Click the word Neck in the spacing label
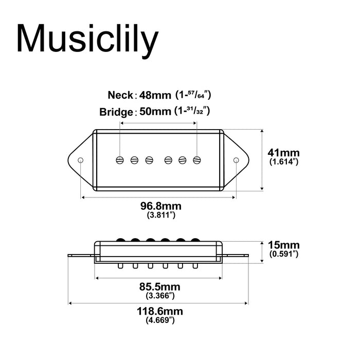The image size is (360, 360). pos(120,95)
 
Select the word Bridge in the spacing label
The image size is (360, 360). pos(116,112)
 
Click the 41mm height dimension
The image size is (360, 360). pos(284,153)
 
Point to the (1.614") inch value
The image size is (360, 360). pos(284,162)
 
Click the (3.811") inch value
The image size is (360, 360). pos(160,215)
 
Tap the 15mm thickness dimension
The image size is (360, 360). pos(284,245)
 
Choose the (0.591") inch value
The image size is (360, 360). pos(284,255)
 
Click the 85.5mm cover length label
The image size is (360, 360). pos(159,286)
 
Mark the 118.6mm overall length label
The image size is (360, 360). pos(159,311)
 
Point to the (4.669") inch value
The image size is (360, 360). pos(159,320)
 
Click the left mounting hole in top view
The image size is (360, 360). pos(81,160)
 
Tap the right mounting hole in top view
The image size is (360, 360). pos(236,160)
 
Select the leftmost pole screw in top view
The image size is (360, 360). pos(120,160)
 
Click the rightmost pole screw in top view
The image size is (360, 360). pos(196,160)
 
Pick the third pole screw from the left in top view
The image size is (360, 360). pos(150,160)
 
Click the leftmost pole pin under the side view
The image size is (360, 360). pos(120,266)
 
